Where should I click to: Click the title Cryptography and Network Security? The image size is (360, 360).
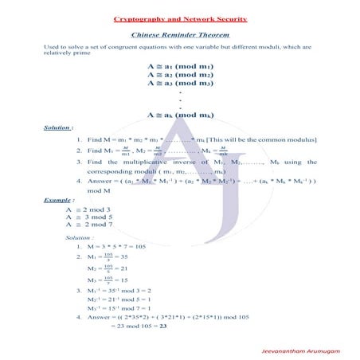click(179, 18)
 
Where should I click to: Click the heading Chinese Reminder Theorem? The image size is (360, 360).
click(179, 36)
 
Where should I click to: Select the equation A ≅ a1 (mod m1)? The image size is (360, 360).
click(180, 66)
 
